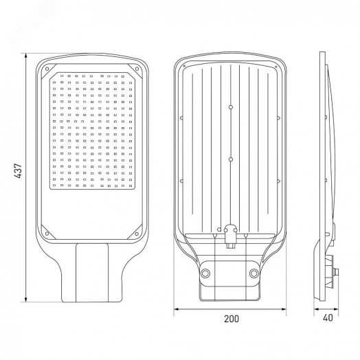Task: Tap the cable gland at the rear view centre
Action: [x=229, y=233]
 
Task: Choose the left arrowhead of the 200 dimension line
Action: [x=175, y=308]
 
